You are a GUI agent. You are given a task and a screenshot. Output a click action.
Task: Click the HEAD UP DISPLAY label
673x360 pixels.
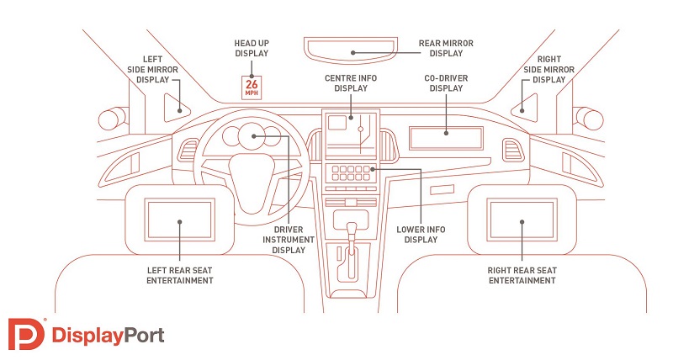252,47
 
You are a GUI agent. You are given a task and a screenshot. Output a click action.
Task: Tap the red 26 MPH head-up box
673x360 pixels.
252,86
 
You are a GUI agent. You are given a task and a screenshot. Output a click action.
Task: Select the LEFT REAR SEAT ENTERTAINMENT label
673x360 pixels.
178,275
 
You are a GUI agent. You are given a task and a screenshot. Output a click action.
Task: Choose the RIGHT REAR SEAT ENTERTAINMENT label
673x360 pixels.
522,275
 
